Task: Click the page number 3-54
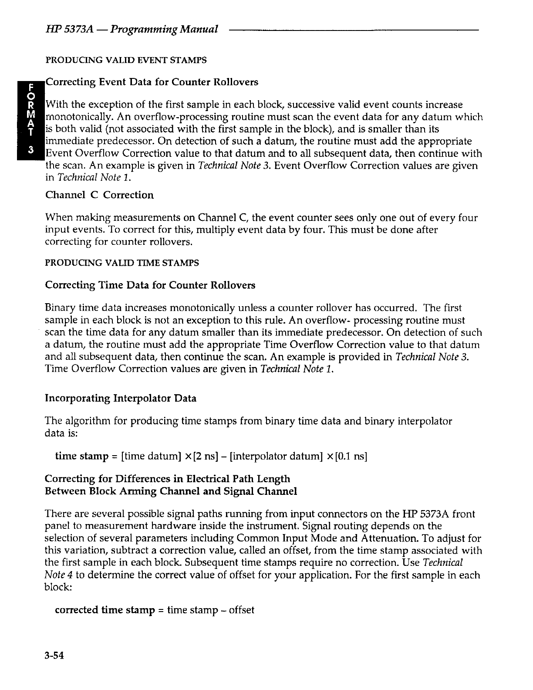[55, 655]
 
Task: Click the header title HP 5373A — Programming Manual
[131, 30]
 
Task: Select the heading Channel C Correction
[99, 195]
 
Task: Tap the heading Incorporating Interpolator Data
[121, 398]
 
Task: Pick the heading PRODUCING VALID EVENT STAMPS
[126, 60]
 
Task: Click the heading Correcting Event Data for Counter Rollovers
[152, 82]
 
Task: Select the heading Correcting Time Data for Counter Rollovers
[150, 285]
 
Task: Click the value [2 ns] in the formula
[210, 456]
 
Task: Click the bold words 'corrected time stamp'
[105, 609]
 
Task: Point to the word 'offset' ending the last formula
[241, 609]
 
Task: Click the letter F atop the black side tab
[30, 88]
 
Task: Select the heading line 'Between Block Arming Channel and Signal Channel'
[171, 491]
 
